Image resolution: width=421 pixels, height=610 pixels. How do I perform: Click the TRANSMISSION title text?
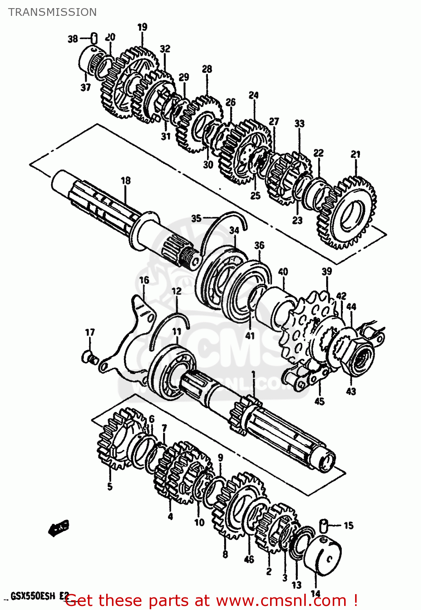52,12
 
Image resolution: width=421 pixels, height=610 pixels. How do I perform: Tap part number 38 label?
73,39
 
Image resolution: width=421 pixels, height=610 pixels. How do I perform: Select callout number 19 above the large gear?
142,27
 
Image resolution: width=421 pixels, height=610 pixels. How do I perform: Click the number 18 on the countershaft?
126,180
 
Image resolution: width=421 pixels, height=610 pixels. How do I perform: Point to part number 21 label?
356,155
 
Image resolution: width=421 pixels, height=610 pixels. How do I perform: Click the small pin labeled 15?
324,525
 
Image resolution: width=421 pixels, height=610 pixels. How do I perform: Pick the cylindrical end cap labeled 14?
323,555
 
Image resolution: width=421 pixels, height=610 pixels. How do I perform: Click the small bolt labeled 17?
89,357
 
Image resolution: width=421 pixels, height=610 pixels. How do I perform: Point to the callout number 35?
196,218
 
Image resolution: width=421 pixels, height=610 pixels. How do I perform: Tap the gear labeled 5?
116,439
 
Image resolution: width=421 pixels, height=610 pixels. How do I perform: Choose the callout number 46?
249,560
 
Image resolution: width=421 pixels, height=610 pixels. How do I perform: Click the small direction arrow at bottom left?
58,528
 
